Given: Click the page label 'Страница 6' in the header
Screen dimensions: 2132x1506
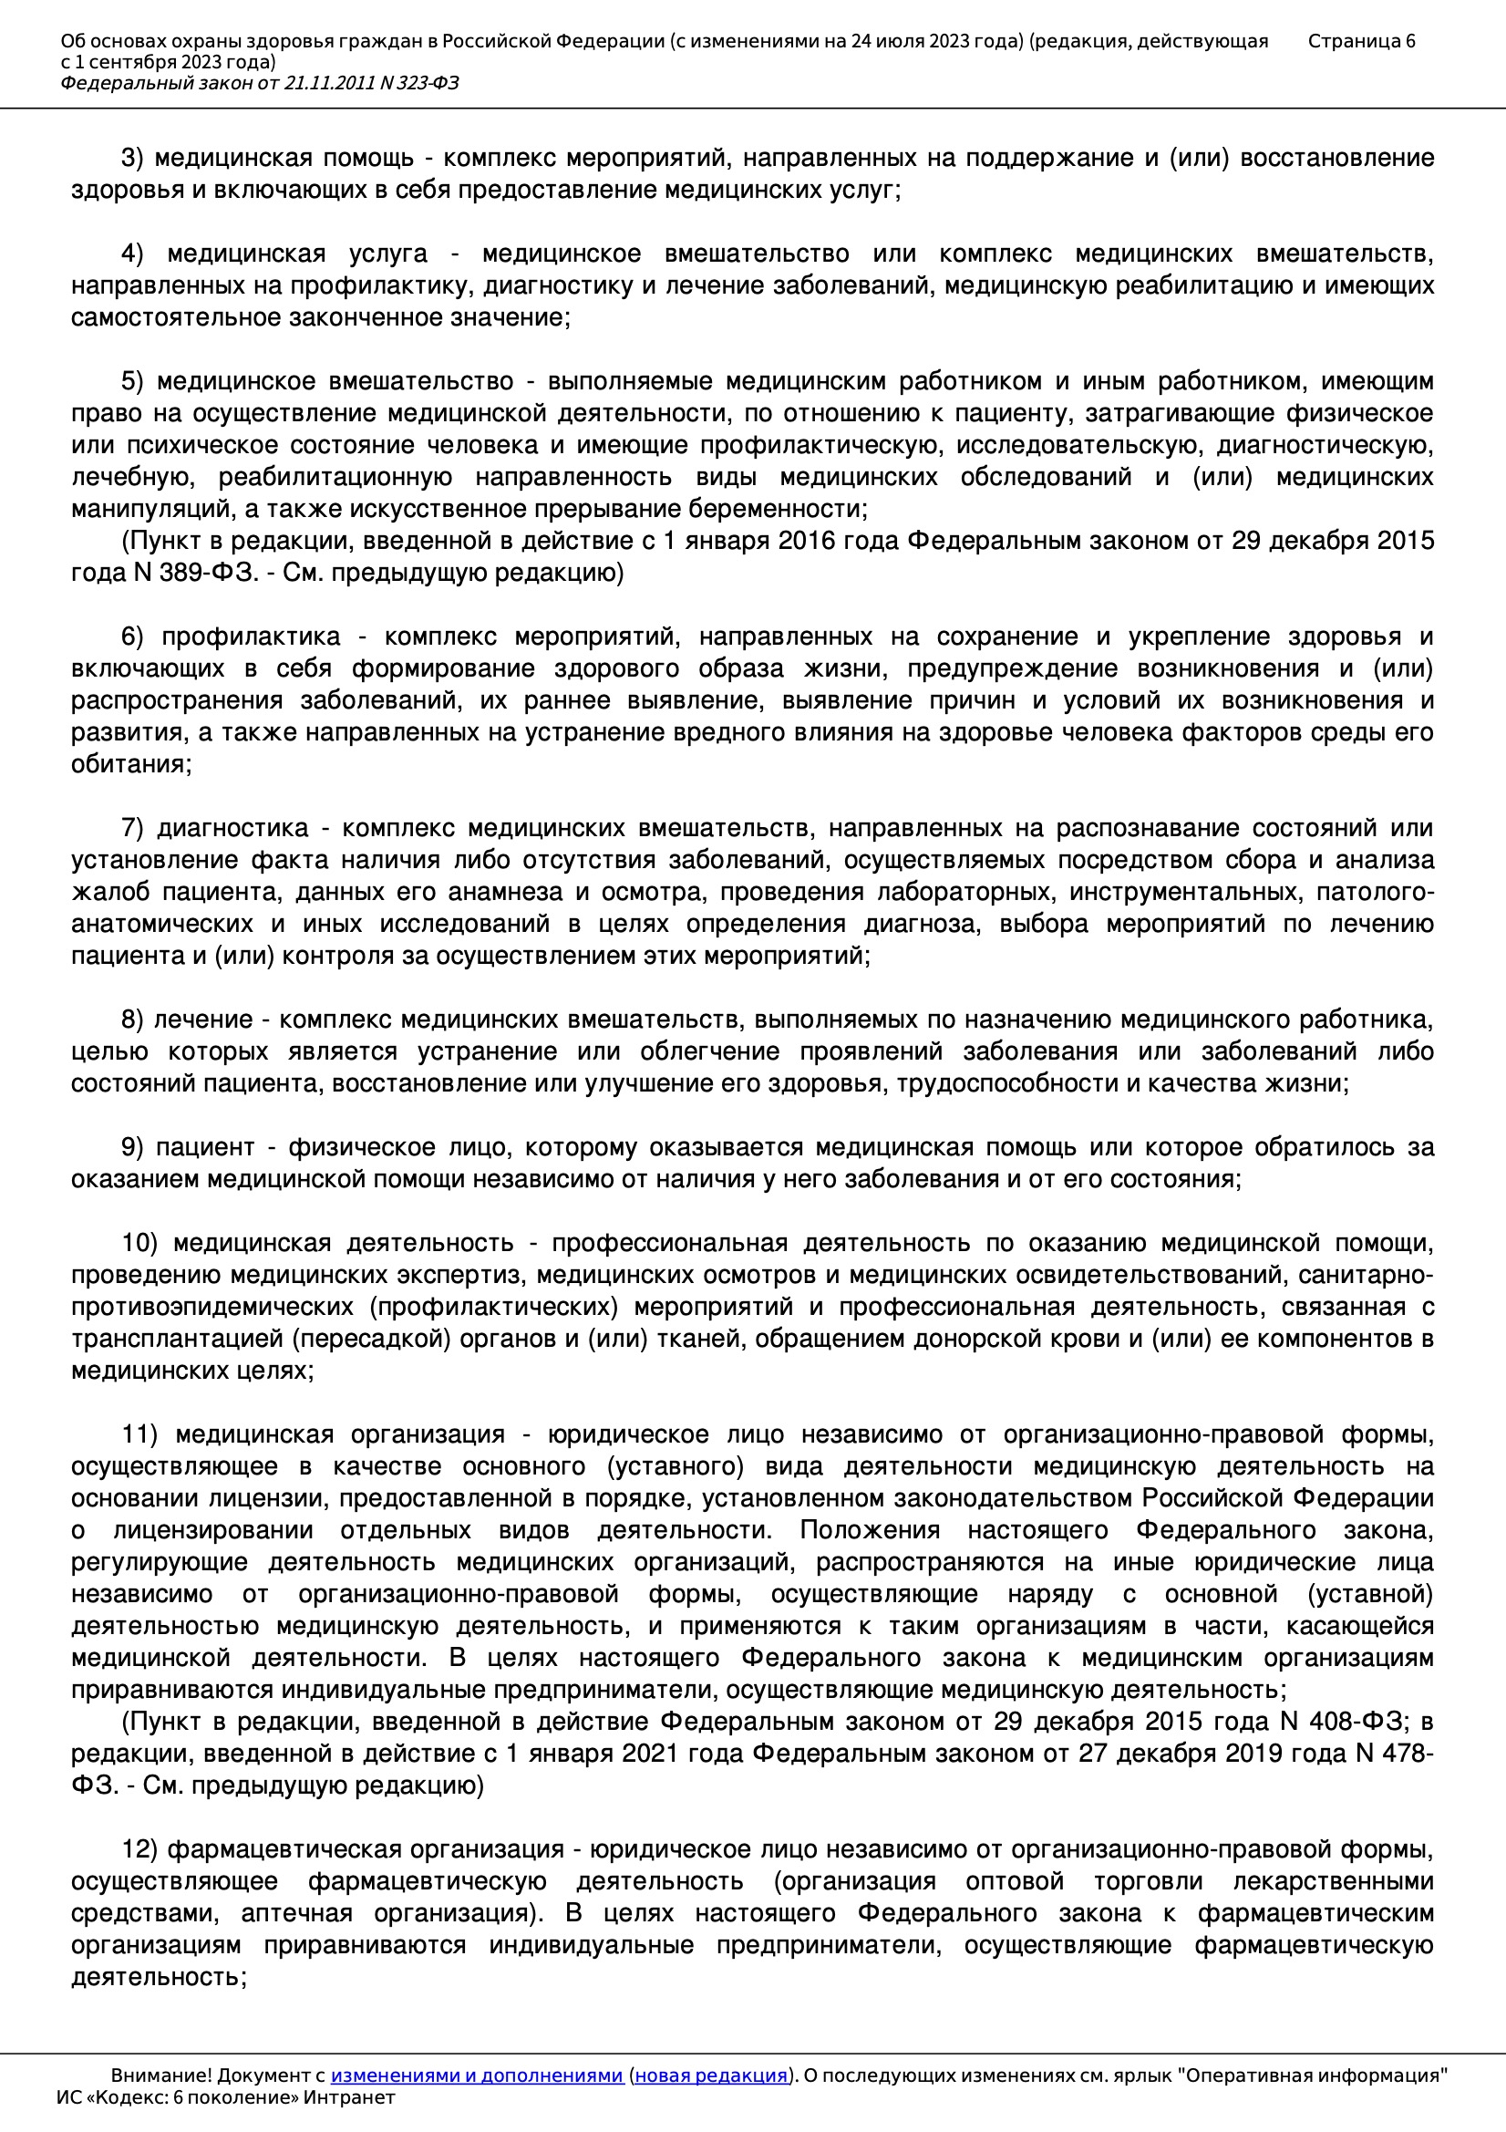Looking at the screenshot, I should [1361, 41].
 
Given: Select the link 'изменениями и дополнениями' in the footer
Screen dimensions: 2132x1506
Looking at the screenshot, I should [476, 2075].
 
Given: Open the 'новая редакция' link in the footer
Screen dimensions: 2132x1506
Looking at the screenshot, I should [711, 2075].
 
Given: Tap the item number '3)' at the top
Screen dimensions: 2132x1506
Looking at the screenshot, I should [132, 159].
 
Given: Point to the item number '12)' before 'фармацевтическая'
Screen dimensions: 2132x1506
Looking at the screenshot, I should [139, 1849].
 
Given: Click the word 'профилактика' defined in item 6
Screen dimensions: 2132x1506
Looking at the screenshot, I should [252, 637].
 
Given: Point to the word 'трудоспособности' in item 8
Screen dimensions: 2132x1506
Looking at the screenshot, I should [1007, 1083].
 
